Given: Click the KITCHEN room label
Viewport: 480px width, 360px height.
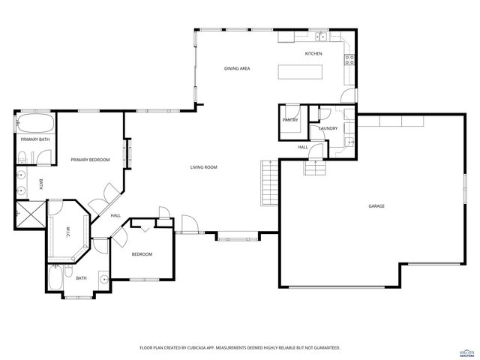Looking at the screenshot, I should [313, 54].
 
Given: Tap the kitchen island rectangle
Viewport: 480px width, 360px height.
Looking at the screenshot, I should [301, 71].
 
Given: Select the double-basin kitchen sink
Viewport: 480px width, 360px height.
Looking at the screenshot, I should [320, 36].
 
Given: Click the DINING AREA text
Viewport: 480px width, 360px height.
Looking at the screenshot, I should [237, 68].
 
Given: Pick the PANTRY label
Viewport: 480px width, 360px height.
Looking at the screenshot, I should [290, 120].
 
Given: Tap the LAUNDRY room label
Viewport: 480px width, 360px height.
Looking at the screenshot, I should [328, 128].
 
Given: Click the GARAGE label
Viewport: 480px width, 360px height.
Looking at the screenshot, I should [376, 205].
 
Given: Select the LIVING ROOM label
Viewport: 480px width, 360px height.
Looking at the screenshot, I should [203, 167].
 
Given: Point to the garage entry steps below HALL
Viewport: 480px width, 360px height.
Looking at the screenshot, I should [316, 168].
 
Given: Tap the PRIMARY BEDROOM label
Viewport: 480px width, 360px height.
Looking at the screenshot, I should [90, 160].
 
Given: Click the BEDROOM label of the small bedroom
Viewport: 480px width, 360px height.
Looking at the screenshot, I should [142, 254].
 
